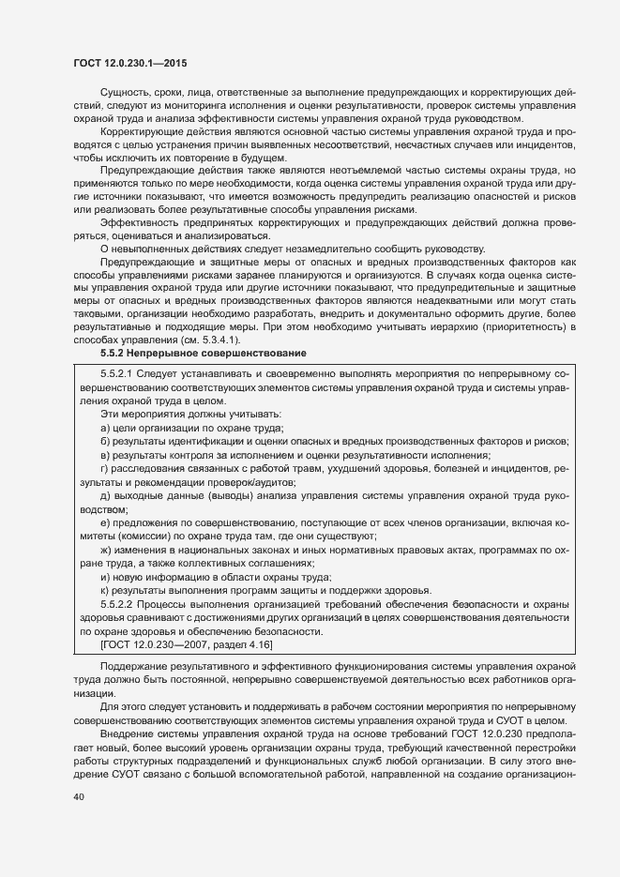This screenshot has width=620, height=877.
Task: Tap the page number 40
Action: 79,796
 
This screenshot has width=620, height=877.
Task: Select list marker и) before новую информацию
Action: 105,576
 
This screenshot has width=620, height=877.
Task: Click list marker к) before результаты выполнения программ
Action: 105,590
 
